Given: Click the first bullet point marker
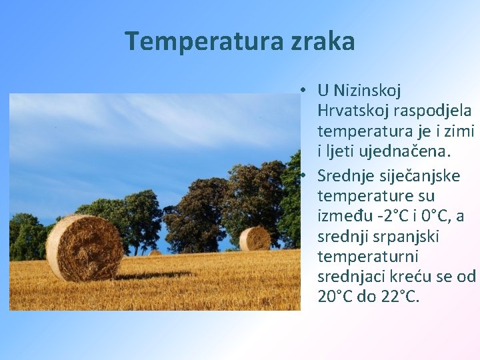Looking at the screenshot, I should click(303, 89).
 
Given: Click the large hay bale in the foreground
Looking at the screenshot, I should click(84, 248).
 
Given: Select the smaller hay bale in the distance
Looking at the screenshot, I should click(254, 238).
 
